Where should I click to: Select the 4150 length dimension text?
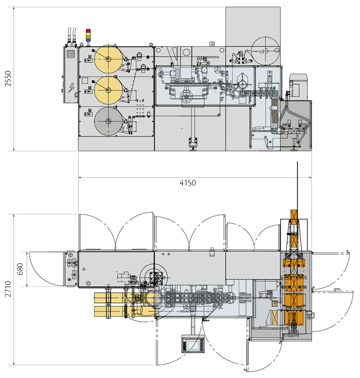pyautogui.click(x=188, y=183)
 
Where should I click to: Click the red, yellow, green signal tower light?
pyautogui.click(x=88, y=34)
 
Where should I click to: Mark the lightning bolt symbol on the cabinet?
pyautogui.click(x=70, y=87)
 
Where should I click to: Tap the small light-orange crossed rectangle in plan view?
pyautogui.click(x=274, y=317)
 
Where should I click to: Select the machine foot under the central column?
pyautogui.click(x=193, y=142)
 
